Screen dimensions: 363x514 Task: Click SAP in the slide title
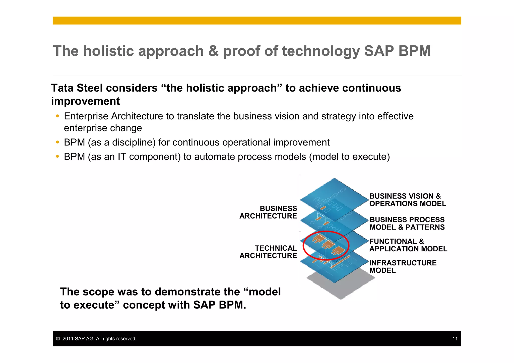point(379,51)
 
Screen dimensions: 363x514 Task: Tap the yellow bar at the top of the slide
point(257,21)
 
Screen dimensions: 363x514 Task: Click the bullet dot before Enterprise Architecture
point(57,116)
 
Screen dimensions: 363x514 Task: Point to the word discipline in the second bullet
point(134,142)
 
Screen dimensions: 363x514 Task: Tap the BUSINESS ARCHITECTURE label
point(268,212)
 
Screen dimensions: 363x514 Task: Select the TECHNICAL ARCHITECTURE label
point(268,252)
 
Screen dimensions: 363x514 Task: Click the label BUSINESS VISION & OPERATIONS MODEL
point(407,200)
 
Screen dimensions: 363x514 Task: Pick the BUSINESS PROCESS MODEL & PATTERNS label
point(407,224)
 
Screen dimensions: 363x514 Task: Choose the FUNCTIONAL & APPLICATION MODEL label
point(408,245)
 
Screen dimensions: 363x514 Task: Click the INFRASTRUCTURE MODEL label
point(403,267)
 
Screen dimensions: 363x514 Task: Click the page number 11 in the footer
point(455,339)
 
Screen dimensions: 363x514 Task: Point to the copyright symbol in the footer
point(58,339)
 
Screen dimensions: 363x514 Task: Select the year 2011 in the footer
point(68,339)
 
